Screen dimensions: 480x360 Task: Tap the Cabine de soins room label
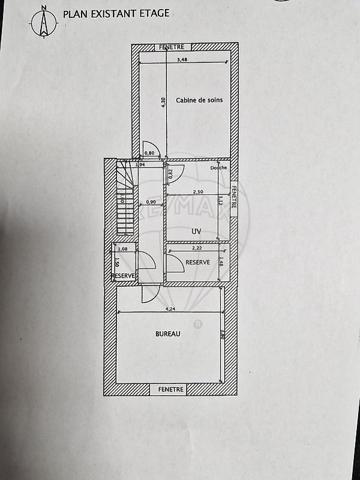(x=198, y=100)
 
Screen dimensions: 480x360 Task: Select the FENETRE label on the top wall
(x=172, y=47)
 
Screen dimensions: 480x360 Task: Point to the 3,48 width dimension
(x=181, y=60)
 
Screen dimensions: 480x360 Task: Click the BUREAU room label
(x=167, y=335)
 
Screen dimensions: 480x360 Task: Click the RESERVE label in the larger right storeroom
(x=197, y=263)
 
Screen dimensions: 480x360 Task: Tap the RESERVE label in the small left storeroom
(x=123, y=275)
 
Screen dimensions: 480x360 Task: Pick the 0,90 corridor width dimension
(x=151, y=203)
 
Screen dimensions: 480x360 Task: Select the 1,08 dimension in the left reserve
(x=123, y=249)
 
